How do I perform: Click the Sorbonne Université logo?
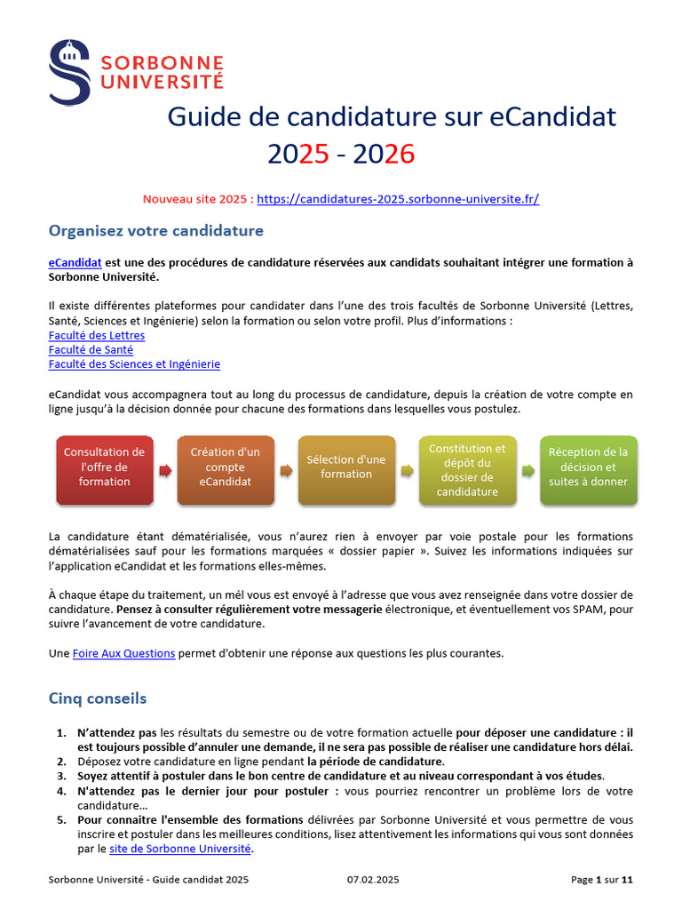136,71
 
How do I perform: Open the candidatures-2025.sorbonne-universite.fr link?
398,199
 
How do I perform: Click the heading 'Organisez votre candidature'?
156,231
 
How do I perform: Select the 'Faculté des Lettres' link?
97,335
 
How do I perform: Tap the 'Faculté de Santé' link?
91,349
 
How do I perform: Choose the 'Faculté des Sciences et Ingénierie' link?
134,363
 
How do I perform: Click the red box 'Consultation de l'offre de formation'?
104,467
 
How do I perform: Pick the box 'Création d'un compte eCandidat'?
226,467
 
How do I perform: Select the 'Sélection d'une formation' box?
346,467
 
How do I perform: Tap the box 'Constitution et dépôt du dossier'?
467,470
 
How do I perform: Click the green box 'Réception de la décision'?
588,467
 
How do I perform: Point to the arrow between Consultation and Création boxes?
165,470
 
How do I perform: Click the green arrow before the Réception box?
527,470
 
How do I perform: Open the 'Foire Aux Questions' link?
123,653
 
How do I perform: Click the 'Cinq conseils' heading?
98,698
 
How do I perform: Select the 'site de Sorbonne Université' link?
180,849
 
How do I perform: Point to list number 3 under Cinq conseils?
60,776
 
